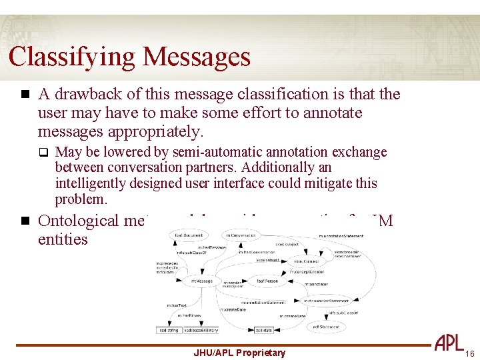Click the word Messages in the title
click(x=195, y=57)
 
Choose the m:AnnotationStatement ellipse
click(x=324, y=301)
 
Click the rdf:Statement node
click(x=325, y=327)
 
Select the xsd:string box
click(x=168, y=330)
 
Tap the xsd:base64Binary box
click(x=201, y=330)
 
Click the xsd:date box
click(x=263, y=330)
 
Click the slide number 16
click(x=469, y=353)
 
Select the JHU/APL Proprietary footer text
click(x=239, y=353)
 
